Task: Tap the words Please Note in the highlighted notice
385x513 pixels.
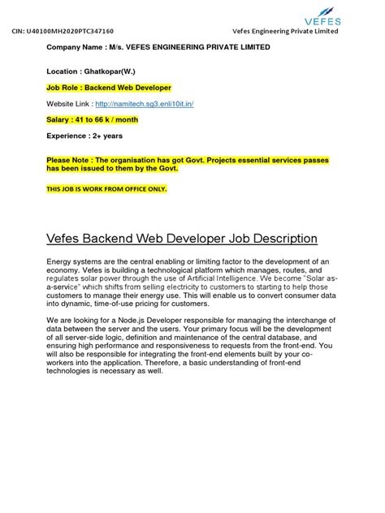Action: coord(69,160)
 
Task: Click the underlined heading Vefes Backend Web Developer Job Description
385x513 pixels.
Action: coord(181,239)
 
